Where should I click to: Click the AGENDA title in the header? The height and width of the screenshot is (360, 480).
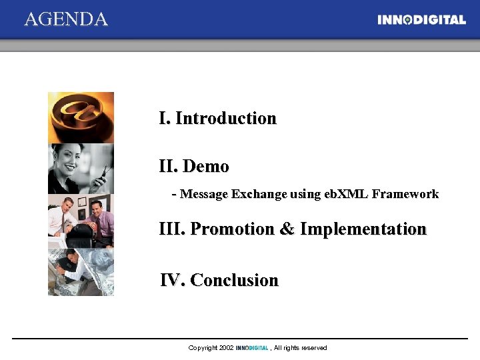[x=66, y=19]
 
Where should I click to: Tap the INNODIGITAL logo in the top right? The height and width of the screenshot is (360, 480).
[x=421, y=20]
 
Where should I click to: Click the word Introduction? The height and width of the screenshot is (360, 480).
[x=225, y=119]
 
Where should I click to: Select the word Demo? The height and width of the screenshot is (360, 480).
[x=205, y=167]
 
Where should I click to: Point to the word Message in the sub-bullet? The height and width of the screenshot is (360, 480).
[x=205, y=195]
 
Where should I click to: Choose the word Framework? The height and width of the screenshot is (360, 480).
[x=405, y=195]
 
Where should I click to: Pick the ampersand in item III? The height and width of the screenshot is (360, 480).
[x=287, y=229]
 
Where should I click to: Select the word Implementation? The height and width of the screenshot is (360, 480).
[x=363, y=229]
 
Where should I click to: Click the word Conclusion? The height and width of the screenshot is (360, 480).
[x=234, y=281]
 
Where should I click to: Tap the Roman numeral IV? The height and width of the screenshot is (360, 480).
[x=172, y=281]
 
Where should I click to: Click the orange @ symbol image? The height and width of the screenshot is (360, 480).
[x=81, y=117]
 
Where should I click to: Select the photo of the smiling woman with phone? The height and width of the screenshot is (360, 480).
[x=81, y=169]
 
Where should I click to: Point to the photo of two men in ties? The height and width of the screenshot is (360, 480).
[x=81, y=221]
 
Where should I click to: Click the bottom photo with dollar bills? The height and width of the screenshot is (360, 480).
[x=81, y=272]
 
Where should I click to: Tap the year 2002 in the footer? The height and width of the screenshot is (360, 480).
[x=227, y=348]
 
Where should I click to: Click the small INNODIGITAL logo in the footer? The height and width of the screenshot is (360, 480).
[x=252, y=348]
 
